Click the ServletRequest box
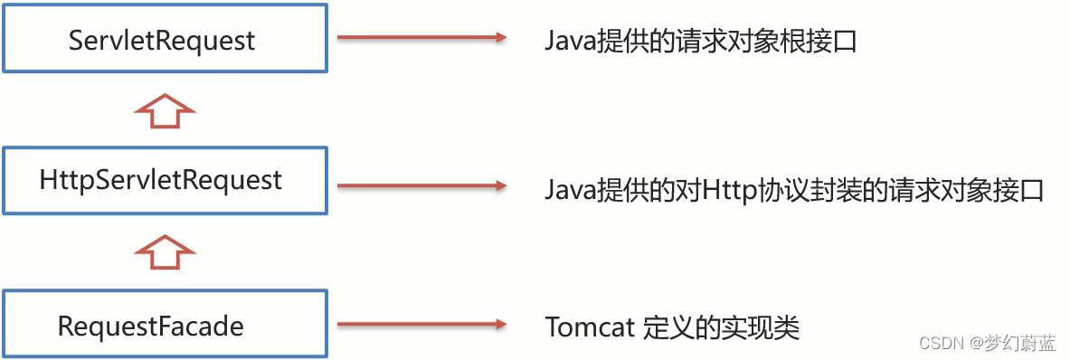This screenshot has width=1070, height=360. [x=163, y=40]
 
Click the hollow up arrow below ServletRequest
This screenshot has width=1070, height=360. [x=165, y=111]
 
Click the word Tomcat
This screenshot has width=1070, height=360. [x=589, y=327]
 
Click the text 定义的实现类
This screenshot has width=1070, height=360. [x=721, y=327]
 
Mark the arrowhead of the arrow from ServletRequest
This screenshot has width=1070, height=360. [x=497, y=38]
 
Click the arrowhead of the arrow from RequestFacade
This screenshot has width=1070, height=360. [x=497, y=324]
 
